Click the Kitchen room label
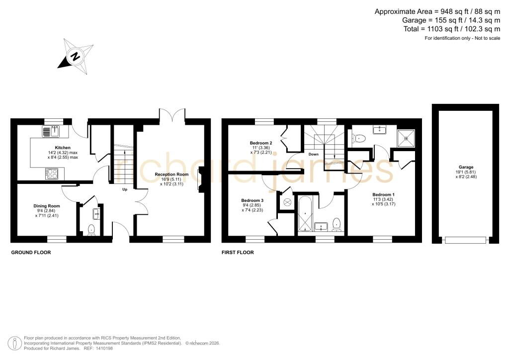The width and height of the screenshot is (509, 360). [63, 148]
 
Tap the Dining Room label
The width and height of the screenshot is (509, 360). [47, 206]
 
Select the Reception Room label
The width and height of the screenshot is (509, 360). [171, 175]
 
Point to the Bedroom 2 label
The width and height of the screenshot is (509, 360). [261, 143]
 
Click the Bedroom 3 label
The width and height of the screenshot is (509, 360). [253, 200]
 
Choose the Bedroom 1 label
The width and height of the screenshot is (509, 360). [384, 194]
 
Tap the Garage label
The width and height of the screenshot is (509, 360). [466, 167]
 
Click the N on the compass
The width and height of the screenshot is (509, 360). [76, 57]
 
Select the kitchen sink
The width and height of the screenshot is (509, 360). [51, 131]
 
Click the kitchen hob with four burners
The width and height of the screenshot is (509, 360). [52, 174]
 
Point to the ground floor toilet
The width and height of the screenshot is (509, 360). [91, 230]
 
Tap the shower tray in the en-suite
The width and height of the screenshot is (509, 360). [406, 138]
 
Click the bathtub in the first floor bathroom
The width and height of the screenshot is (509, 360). [305, 214]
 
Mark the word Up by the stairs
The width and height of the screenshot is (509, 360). [125, 189]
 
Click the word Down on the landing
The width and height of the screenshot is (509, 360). [314, 154]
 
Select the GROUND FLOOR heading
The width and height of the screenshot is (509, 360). [31, 252]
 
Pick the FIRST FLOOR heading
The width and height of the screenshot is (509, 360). [238, 252]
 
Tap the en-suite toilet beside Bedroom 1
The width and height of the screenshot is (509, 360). [358, 139]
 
